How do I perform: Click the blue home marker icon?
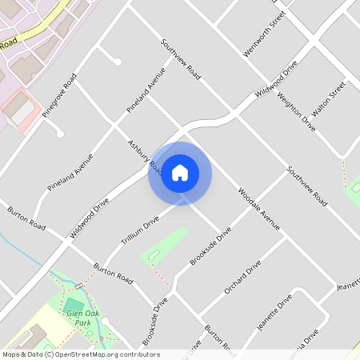(180, 173)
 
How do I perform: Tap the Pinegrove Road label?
(59, 95)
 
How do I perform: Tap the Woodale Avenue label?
(259, 210)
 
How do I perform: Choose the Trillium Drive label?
(141, 227)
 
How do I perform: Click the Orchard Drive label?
(243, 277)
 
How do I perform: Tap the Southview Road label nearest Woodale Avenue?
(308, 186)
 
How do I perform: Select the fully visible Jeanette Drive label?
(274, 318)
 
